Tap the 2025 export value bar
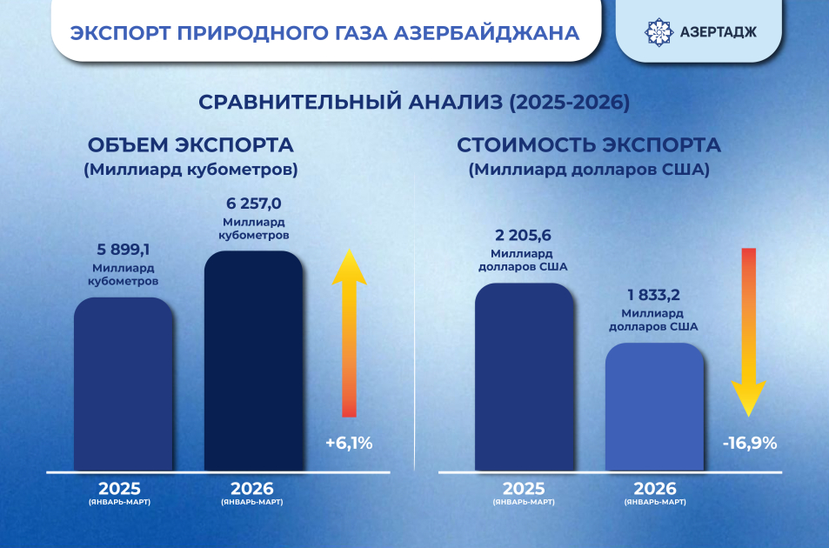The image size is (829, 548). tap(524, 378)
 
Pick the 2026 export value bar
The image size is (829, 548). tap(653, 407)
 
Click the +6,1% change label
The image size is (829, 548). tap(349, 443)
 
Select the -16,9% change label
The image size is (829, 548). tap(749, 443)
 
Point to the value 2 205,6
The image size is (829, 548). tap(524, 235)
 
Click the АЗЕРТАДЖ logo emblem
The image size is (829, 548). tap(658, 32)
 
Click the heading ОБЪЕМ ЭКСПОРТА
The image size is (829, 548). tap(190, 144)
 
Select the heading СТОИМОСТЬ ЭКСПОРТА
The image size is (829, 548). tap(589, 144)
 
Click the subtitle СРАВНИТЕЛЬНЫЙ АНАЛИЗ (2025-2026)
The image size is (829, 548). tap(414, 102)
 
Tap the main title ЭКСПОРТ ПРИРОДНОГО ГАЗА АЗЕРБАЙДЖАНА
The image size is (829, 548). tap(324, 33)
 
